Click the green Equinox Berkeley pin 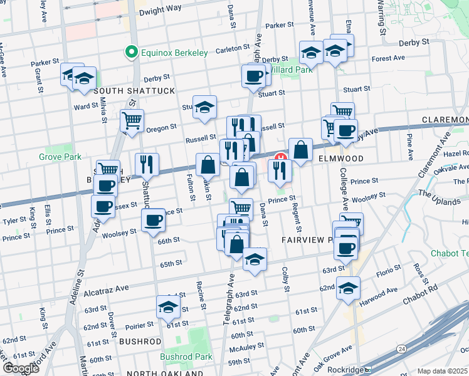(132, 53)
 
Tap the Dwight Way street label (159, 9)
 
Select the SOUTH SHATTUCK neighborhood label (134, 91)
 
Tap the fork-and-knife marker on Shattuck (147, 164)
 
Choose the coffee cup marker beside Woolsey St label (154, 220)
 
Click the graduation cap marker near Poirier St (168, 306)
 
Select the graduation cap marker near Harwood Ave (348, 288)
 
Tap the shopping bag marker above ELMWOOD (301, 149)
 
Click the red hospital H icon (282, 156)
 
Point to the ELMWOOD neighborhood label (340, 159)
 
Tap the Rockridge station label (345, 369)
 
